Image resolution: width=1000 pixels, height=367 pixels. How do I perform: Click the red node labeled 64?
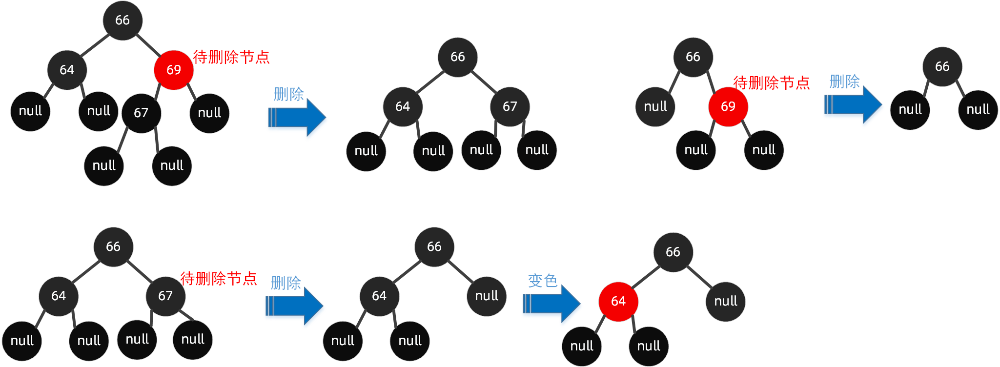pyautogui.click(x=618, y=301)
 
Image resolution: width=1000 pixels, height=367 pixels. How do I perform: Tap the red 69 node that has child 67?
pyautogui.click(x=173, y=70)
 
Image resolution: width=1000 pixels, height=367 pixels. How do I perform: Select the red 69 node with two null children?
pyautogui.click(x=728, y=106)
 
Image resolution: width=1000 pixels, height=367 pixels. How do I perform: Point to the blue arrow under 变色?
pyautogui.click(x=551, y=304)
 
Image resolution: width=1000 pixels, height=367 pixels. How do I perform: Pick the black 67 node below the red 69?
pyautogui.click(x=141, y=113)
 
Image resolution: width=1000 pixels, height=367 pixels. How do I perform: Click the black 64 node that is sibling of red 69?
pyautogui.click(x=67, y=70)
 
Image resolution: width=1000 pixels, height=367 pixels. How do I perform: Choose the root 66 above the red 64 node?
pyautogui.click(x=673, y=252)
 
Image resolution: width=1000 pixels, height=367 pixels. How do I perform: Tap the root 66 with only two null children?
pyautogui.click(x=942, y=66)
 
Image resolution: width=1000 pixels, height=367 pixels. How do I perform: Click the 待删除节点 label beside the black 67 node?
pyautogui.click(x=219, y=278)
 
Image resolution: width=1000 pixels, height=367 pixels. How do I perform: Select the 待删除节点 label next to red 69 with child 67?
pyautogui.click(x=231, y=57)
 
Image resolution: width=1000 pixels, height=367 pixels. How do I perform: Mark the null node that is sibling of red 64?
pyautogui.click(x=725, y=301)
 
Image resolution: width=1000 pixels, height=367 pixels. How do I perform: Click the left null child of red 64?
pyautogui.click(x=582, y=346)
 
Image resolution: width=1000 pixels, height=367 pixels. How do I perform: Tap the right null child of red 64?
pyautogui.click(x=649, y=346)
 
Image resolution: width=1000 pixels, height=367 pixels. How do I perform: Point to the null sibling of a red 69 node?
pyautogui.click(x=655, y=106)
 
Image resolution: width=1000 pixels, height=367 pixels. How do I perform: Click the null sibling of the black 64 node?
pyautogui.click(x=486, y=296)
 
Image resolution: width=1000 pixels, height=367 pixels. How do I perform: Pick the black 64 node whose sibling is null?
pyautogui.click(x=379, y=296)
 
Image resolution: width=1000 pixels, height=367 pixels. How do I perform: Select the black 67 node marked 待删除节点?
pyautogui.click(x=165, y=296)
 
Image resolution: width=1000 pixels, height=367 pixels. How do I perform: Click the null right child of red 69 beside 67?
pyautogui.click(x=209, y=113)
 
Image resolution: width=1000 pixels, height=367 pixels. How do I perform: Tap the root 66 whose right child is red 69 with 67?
pyautogui.click(x=122, y=20)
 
